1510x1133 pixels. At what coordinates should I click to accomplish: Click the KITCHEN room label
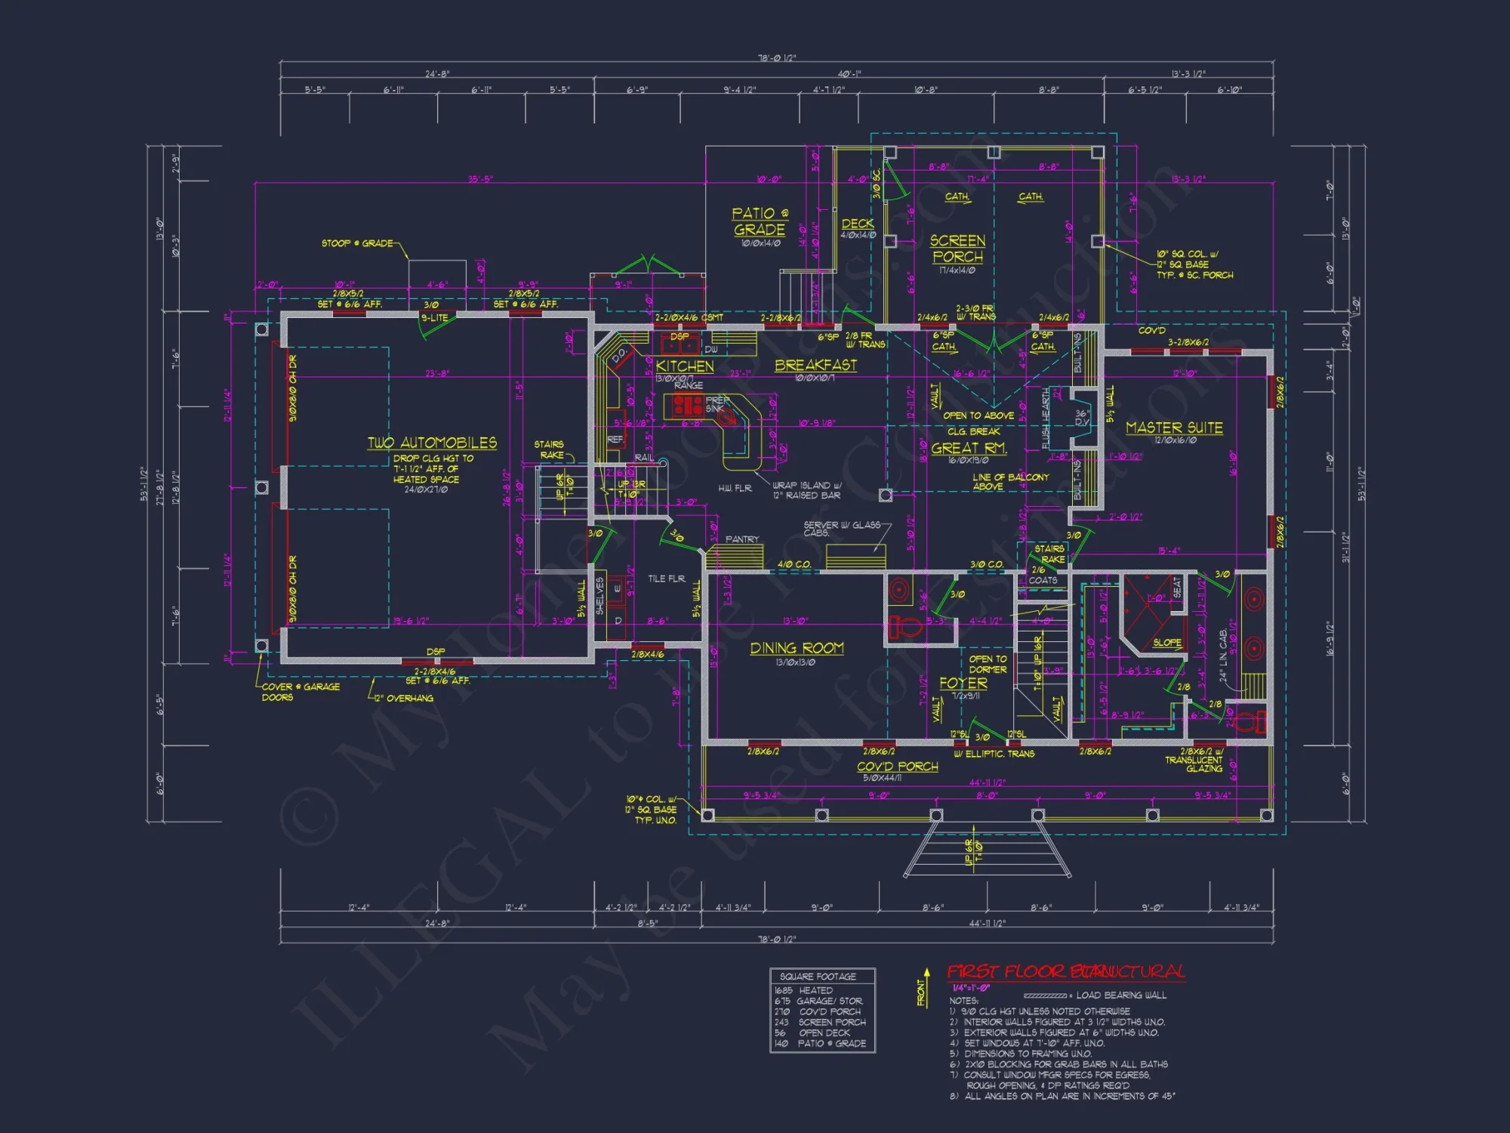[x=684, y=366]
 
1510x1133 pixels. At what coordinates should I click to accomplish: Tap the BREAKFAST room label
[x=815, y=366]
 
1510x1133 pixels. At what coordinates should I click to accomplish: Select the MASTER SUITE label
[x=1174, y=428]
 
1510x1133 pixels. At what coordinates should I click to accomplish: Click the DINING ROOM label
[x=797, y=649]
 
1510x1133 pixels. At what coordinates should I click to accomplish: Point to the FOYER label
[x=963, y=684]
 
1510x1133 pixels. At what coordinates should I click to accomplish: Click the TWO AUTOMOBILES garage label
[x=432, y=443]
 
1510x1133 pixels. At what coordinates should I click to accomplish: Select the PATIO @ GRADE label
[x=760, y=222]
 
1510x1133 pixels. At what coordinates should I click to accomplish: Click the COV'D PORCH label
[x=897, y=767]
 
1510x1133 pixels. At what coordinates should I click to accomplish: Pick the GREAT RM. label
[x=969, y=448]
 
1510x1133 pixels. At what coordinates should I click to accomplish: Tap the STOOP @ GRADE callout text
[x=357, y=243]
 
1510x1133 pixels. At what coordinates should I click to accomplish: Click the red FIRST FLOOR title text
[x=1065, y=972]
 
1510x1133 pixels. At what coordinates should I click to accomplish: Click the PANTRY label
[x=741, y=539]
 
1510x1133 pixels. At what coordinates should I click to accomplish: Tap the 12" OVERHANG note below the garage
[x=403, y=699]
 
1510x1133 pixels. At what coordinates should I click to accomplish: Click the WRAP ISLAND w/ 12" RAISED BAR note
[x=806, y=490]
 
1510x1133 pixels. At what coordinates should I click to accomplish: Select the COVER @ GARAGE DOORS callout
[x=300, y=692]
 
